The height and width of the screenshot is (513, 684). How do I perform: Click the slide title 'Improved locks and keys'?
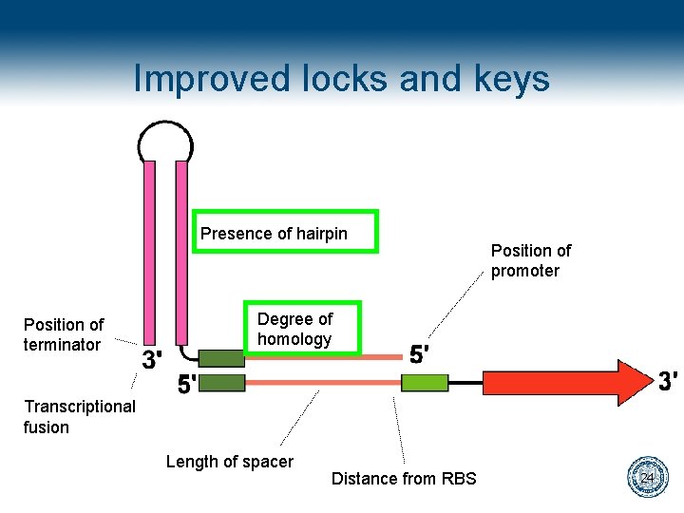click(341, 78)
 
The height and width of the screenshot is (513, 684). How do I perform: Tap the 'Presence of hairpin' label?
click(274, 234)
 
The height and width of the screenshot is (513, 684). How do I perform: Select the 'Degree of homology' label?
click(294, 329)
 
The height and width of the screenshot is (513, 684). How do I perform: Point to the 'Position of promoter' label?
click(530, 260)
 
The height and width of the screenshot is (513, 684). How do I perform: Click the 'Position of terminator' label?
click(64, 334)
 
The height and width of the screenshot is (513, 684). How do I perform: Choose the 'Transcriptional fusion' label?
click(79, 416)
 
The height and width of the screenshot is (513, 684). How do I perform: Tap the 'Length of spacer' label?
click(229, 462)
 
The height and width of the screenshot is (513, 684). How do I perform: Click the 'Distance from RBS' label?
click(404, 479)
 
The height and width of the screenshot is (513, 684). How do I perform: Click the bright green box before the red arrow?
click(425, 383)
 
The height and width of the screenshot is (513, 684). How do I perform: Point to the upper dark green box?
click(221, 358)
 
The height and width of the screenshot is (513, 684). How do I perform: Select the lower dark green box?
click(221, 383)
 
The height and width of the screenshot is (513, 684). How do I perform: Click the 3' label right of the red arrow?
click(668, 381)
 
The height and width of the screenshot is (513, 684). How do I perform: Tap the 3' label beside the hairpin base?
click(152, 360)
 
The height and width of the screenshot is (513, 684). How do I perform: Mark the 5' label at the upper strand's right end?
click(420, 354)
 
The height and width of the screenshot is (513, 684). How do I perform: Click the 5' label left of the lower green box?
click(188, 386)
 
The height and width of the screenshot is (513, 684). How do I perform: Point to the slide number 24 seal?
click(648, 477)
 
